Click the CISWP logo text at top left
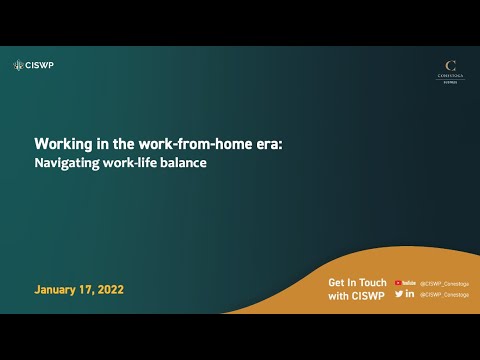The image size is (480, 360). click(40, 66)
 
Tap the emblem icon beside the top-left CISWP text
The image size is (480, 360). click(18, 66)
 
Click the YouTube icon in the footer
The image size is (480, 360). click(405, 283)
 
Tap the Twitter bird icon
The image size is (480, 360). click(399, 294)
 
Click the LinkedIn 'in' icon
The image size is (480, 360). click(411, 294)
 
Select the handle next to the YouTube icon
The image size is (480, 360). click(444, 283)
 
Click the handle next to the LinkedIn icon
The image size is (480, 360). click(444, 294)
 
